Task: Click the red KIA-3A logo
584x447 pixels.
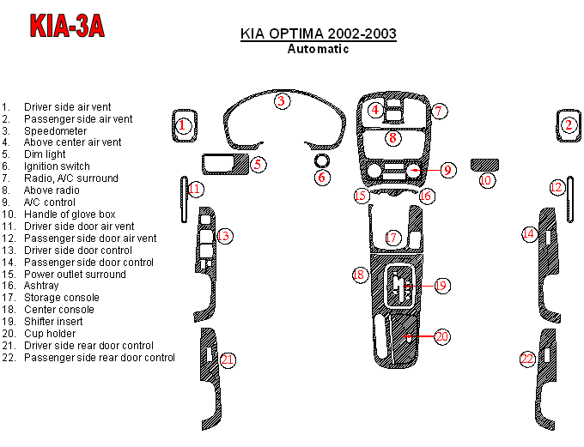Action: [68, 26]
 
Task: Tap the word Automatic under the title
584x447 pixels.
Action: [317, 49]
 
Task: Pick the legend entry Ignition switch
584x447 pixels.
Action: [57, 166]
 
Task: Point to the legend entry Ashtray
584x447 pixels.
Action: [41, 286]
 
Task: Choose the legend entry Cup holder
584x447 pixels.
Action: [50, 334]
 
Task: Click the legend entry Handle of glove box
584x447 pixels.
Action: [70, 214]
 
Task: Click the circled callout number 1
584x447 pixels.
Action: [182, 125]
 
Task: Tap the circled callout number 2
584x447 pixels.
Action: [568, 125]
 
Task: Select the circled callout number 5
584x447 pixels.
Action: [258, 163]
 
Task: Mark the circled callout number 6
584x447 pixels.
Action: [321, 178]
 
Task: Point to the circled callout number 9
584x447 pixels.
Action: [447, 170]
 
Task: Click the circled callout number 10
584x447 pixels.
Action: [486, 180]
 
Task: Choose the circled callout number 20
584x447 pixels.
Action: [441, 337]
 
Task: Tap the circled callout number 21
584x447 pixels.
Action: [227, 359]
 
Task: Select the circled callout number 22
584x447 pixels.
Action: [528, 359]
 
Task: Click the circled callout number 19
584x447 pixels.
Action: [441, 285]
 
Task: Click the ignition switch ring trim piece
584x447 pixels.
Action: [322, 161]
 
